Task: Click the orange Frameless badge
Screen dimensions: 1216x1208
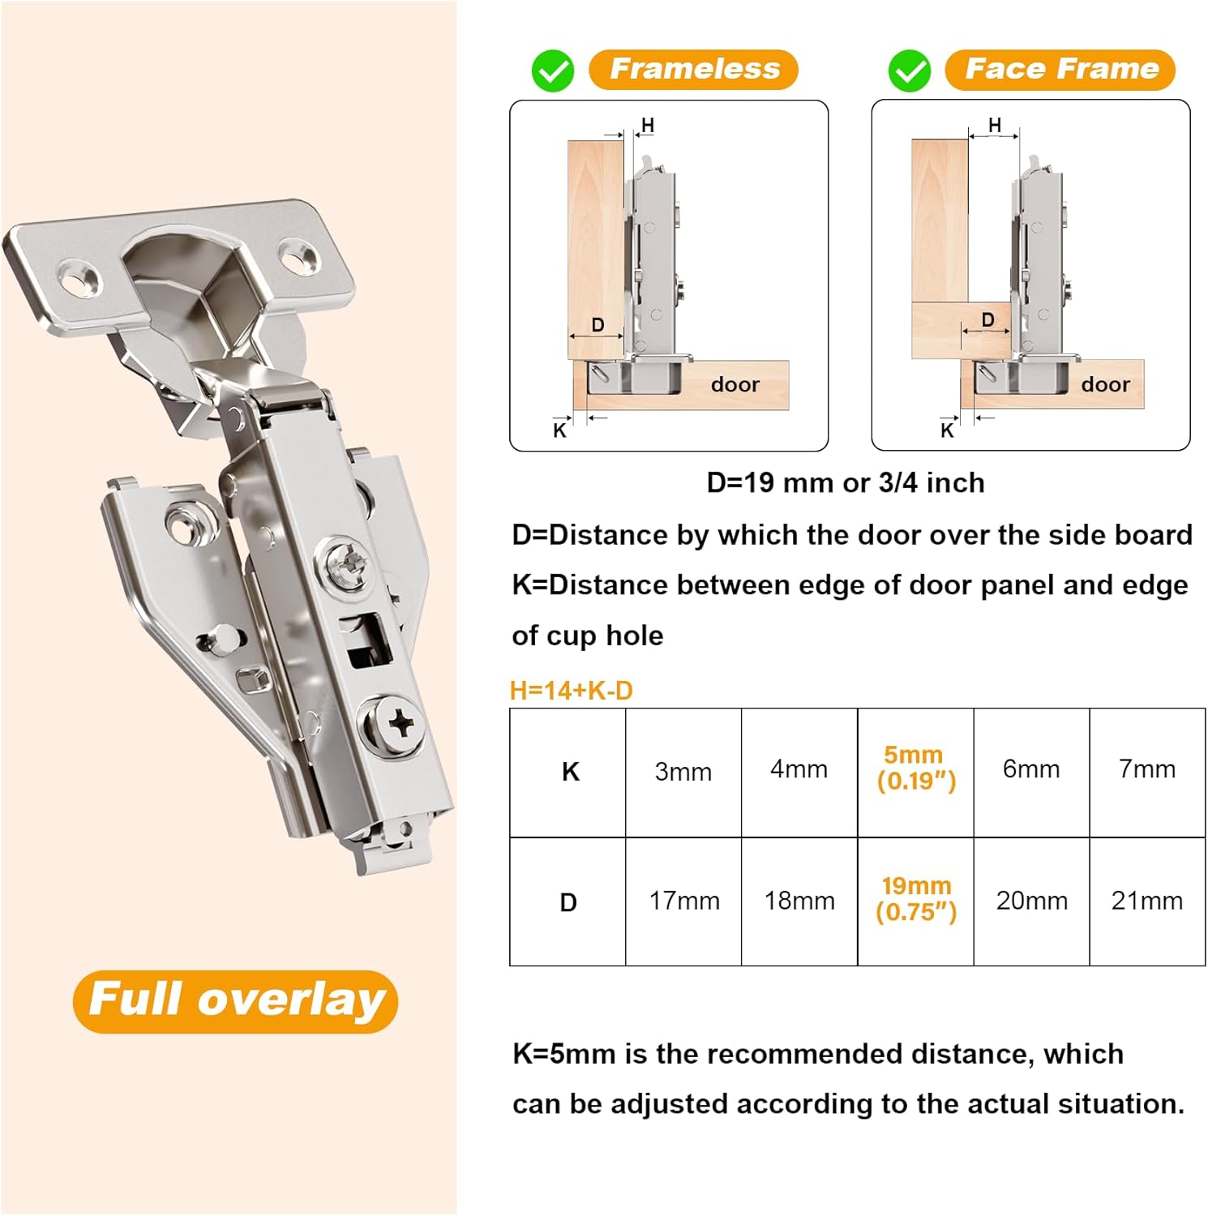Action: coord(693,70)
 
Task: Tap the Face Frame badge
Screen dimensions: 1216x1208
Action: coord(1060,70)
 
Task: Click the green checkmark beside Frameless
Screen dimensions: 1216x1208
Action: coord(553,71)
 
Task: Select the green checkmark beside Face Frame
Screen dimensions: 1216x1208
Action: coord(910,71)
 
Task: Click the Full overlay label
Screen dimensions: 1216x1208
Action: coord(236,1000)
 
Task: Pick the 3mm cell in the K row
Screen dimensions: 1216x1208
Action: coord(683,772)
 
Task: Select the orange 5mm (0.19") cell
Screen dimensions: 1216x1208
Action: coord(915,769)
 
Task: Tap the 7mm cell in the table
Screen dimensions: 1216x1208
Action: coord(1146,769)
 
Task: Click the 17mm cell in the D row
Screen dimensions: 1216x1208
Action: coord(683,901)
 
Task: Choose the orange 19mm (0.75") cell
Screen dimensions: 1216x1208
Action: coord(915,899)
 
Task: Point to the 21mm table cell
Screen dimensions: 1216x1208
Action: coord(1146,901)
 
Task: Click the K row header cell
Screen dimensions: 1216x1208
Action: coord(570,772)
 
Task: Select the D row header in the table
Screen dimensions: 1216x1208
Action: coord(568,902)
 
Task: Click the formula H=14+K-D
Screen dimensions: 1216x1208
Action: coord(571,691)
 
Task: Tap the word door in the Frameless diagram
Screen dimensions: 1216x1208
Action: coord(735,385)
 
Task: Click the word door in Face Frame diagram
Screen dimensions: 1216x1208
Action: coord(1104,385)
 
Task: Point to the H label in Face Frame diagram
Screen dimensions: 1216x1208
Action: coord(995,126)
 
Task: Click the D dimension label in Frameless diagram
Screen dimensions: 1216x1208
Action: coord(598,325)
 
